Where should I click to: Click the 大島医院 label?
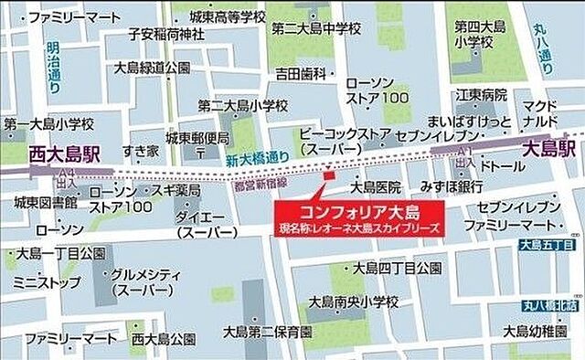tap(377, 187)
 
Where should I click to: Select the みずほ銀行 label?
tap(452, 187)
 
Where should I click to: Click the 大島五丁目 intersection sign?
tap(547, 244)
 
